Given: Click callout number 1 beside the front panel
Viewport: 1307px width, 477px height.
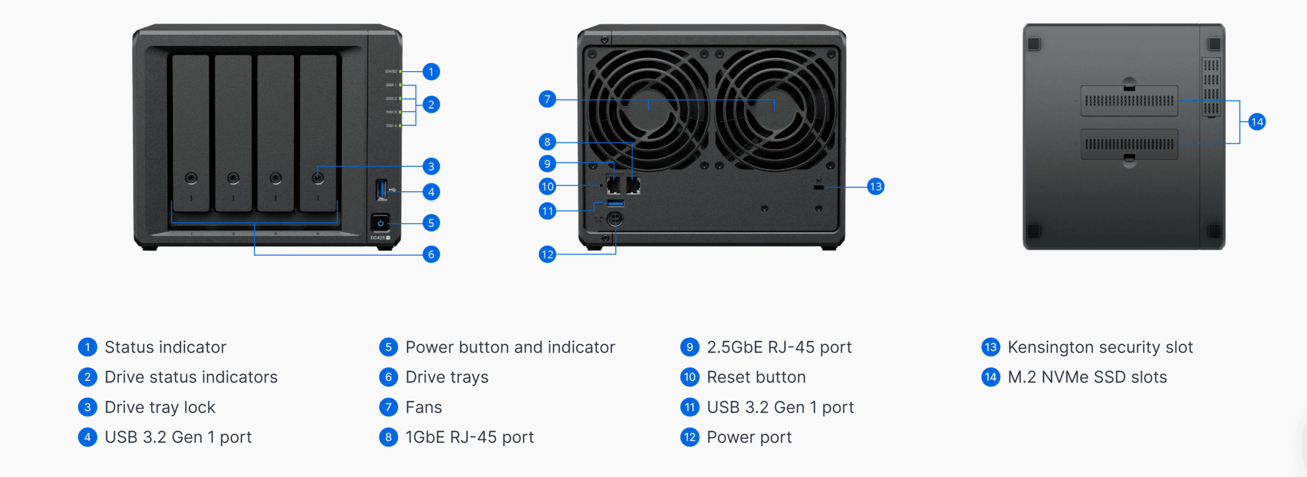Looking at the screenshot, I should pos(431,71).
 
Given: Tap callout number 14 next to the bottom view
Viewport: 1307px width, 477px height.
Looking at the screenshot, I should pos(1256,122).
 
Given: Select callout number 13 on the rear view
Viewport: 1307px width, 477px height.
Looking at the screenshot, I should pos(876,187).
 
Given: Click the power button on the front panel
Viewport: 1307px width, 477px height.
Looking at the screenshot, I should pos(380,223).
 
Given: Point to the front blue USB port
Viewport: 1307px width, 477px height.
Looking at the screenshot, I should pos(381,190).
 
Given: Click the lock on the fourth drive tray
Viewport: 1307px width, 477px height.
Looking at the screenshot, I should pos(318,178).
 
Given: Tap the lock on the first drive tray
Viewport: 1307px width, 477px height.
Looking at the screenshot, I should pos(191,178).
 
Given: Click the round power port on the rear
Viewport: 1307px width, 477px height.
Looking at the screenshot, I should pos(615,219).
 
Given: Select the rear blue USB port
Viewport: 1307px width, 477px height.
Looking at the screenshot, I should pos(615,204).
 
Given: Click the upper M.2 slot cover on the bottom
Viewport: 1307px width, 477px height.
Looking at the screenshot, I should pos(1129,101).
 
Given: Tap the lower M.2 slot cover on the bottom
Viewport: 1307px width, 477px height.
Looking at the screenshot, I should pos(1129,144).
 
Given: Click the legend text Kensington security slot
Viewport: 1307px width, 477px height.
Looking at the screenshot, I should pos(1100,347).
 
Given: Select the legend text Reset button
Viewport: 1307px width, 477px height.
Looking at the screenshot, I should pos(756,378).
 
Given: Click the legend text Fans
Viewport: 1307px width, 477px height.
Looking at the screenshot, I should pos(423,408).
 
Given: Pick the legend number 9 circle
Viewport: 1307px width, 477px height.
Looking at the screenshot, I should pos(689,347).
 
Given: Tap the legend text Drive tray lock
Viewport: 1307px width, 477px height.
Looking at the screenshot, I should pos(160,408).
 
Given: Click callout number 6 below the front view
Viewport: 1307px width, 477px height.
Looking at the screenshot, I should pos(431,254).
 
